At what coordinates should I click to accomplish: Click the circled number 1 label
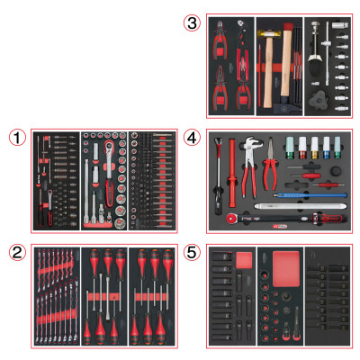17,138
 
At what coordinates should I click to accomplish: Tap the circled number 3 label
191,23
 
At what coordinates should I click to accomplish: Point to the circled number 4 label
191,138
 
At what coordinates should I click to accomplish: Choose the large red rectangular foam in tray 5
283,266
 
